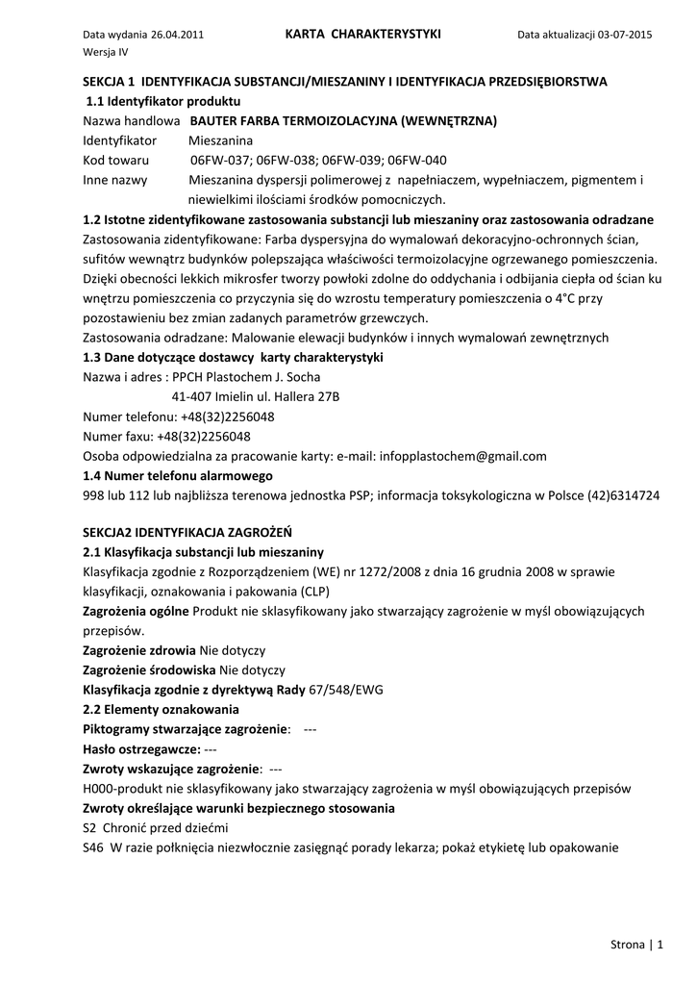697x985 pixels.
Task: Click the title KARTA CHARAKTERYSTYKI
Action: pos(363,34)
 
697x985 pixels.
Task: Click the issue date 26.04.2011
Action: pos(177,35)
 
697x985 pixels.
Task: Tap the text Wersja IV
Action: pos(106,52)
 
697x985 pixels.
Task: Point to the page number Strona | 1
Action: pos(637,945)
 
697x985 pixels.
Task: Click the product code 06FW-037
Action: pos(220,161)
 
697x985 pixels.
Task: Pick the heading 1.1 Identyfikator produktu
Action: pos(163,101)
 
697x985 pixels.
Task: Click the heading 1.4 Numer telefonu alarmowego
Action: pos(178,476)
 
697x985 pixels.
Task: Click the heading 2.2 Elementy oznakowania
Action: pos(148,710)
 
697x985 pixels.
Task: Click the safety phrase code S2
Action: pos(90,828)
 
